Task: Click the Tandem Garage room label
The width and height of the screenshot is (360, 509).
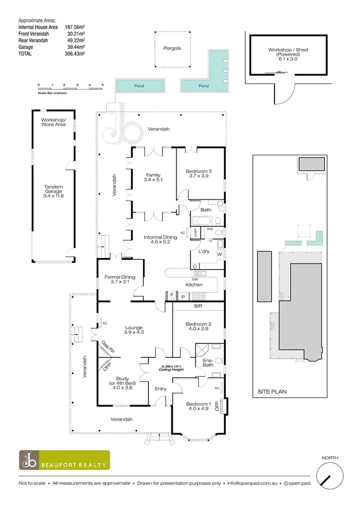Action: [x=53, y=191]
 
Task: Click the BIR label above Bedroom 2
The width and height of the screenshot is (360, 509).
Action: [x=197, y=306]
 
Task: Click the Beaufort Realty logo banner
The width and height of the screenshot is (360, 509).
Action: [x=64, y=460]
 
